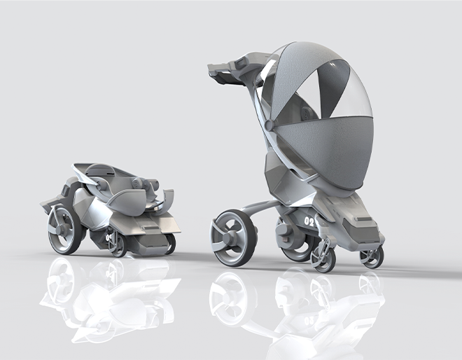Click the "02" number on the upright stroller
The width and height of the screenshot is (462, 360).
click(x=309, y=221)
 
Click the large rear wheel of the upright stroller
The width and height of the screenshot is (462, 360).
click(x=232, y=238)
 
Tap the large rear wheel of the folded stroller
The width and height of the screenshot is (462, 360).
click(x=63, y=230)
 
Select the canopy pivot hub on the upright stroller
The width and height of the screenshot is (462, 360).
click(x=269, y=124)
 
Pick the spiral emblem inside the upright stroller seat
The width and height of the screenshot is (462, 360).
click(x=307, y=113)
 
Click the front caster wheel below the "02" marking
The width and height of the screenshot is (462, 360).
click(x=323, y=258)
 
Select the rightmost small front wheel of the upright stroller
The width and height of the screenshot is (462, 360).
click(x=372, y=256)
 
